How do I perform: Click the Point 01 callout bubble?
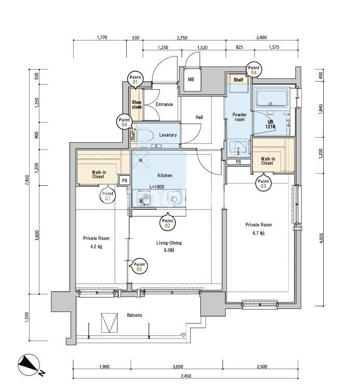135,79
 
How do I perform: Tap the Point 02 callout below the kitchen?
168,223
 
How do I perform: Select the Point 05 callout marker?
139,266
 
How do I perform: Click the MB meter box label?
191,79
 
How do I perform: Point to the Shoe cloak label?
136,104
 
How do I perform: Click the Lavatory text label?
168,135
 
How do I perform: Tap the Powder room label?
239,117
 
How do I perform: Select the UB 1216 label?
270,124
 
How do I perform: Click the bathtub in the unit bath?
272,99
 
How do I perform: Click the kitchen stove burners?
143,198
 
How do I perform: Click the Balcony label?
134,315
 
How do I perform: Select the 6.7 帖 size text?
258,233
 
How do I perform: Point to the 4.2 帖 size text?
96,247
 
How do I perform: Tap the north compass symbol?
29,364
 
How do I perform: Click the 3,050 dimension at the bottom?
177,367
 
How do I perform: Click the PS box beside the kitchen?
124,181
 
